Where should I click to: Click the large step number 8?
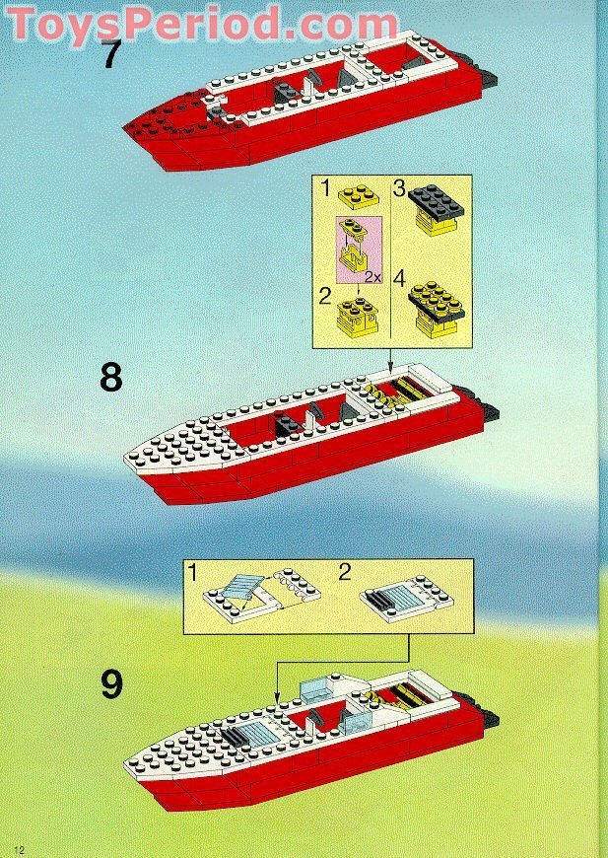pyautogui.click(x=111, y=378)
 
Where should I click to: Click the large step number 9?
pyautogui.click(x=111, y=684)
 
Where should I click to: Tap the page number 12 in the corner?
pyautogui.click(x=19, y=850)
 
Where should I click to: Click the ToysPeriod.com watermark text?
pyautogui.click(x=203, y=25)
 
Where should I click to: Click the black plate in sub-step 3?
pyautogui.click(x=436, y=201)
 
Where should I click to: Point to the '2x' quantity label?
pyautogui.click(x=372, y=276)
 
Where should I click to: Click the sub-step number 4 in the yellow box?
pyautogui.click(x=400, y=278)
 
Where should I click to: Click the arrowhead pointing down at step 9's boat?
pyautogui.click(x=277, y=697)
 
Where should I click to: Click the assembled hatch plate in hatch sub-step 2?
pyautogui.click(x=406, y=599)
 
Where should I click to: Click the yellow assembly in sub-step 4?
pyautogui.click(x=436, y=307)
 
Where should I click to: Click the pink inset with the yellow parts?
pyautogui.click(x=358, y=250)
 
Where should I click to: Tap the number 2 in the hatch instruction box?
pyautogui.click(x=345, y=573)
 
